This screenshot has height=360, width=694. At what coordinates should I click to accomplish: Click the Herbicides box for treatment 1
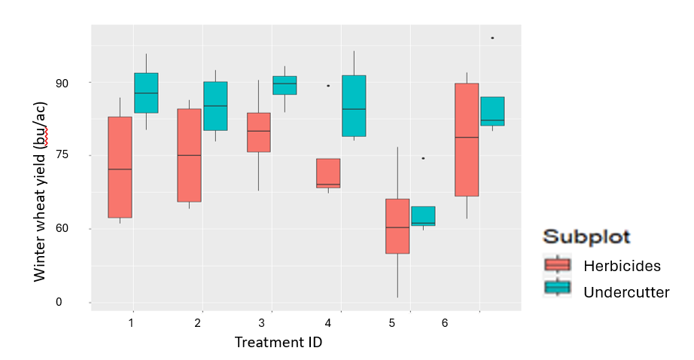(x=120, y=167)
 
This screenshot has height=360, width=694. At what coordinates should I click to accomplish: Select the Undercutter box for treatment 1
(x=146, y=93)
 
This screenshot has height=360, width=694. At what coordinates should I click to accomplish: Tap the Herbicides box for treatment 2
(x=189, y=155)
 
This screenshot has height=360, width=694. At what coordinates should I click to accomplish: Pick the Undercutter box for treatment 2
(x=215, y=105)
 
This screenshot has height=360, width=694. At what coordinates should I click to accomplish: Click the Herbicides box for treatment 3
(x=258, y=132)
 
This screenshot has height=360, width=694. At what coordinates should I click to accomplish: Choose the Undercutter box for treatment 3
(x=285, y=85)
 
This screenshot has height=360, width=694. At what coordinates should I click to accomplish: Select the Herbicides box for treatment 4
(x=328, y=173)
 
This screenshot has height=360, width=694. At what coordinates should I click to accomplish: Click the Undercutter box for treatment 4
(x=354, y=105)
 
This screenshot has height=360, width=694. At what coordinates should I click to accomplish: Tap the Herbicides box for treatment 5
(x=397, y=226)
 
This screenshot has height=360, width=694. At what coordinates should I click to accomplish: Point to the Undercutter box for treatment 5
(x=423, y=216)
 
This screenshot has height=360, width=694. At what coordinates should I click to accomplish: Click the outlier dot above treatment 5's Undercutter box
(x=423, y=158)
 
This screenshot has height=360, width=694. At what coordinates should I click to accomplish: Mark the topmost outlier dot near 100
(x=492, y=38)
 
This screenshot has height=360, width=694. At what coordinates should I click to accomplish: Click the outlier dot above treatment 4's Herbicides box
(x=328, y=86)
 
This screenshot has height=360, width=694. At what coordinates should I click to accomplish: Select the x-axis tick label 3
(x=261, y=323)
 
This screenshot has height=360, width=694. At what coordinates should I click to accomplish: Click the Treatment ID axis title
(x=278, y=343)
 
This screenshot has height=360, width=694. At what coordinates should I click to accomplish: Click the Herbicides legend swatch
(x=558, y=265)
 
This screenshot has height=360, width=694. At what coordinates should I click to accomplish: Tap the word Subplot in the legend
(x=587, y=236)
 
